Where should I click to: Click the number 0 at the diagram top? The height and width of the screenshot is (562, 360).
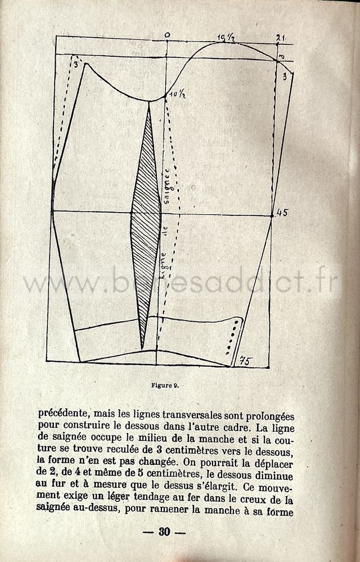coord(167,35)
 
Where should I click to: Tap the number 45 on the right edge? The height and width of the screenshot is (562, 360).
coord(282,213)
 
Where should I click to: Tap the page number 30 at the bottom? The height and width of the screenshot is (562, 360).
coord(164,532)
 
